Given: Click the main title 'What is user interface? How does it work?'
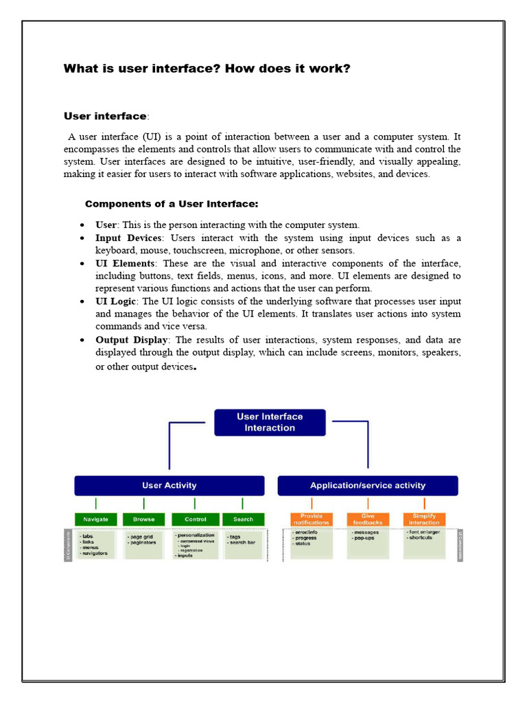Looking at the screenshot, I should point(207,69).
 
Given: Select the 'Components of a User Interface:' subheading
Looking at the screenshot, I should point(172,204).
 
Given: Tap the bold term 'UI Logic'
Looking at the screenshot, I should point(117,301).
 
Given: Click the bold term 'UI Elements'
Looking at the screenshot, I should point(126,264).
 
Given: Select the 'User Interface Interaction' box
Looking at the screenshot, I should point(270,422).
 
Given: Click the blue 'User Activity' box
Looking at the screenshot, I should point(169,485).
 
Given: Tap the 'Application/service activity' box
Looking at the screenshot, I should point(367,485).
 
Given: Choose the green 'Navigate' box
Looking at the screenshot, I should point(96,519).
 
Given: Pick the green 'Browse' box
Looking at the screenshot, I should point(144,519).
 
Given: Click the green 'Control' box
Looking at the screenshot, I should point(196,519).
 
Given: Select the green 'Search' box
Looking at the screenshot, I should point(243,519).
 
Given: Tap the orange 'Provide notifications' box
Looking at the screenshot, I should point(312,519).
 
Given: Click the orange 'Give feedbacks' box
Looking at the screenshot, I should point(368,519).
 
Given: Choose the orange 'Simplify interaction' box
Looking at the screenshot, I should point(424,519).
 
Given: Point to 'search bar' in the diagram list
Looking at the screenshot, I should point(242,543).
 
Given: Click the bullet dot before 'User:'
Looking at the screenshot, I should point(82,225).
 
